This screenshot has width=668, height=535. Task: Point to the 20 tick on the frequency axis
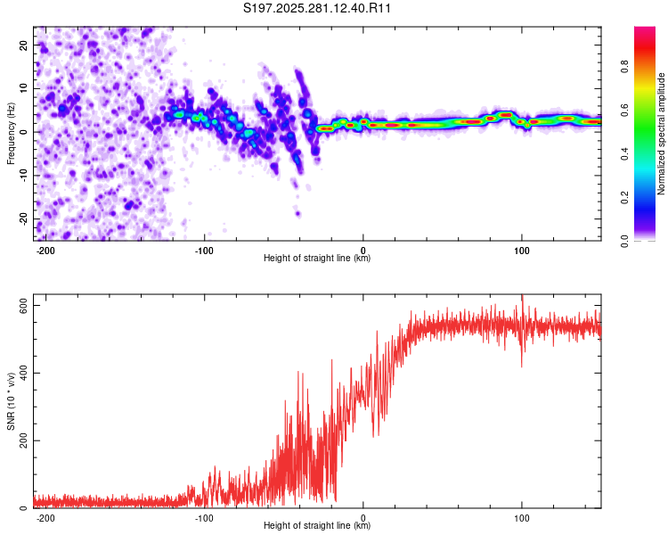tap(25, 45)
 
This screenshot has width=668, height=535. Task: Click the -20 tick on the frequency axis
tap(23, 218)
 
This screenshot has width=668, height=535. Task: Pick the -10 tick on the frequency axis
tap(23, 176)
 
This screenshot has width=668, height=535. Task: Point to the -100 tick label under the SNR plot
tap(204, 518)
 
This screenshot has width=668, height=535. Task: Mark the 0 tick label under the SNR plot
tap(363, 518)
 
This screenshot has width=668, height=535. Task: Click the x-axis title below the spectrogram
tap(318, 259)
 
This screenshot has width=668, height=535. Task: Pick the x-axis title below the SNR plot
tap(318, 526)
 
